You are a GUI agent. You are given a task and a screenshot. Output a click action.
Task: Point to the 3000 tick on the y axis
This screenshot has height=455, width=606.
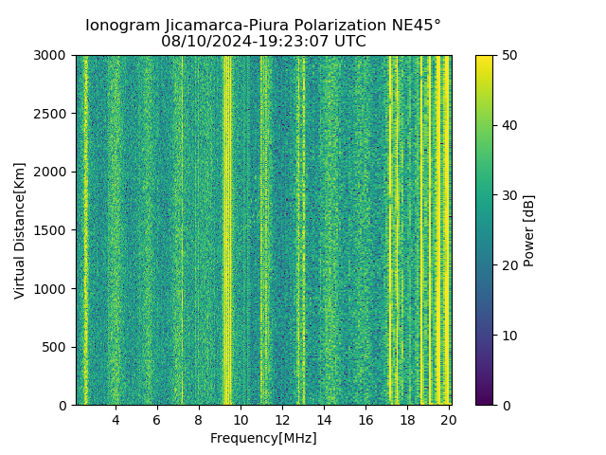[54, 56]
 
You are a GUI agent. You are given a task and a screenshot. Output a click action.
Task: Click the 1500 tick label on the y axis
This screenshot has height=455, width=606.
[54, 230]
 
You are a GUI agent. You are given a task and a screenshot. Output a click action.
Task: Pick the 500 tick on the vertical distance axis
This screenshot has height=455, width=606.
[58, 347]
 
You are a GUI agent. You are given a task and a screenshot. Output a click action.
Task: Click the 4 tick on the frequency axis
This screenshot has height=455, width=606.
[116, 420]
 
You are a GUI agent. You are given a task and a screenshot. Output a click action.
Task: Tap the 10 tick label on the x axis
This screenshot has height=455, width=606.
[241, 420]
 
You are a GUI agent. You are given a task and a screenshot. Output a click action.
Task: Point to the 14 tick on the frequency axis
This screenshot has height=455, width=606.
[324, 420]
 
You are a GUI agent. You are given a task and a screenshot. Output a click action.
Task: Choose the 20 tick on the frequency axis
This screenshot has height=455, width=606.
[449, 420]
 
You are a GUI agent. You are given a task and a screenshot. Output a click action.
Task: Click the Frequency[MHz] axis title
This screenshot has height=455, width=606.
[263, 438]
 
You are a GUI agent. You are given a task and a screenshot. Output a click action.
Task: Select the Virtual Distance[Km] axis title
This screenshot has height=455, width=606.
[20, 230]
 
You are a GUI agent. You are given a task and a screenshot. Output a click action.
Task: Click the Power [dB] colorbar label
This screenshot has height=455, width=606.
[529, 230]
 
